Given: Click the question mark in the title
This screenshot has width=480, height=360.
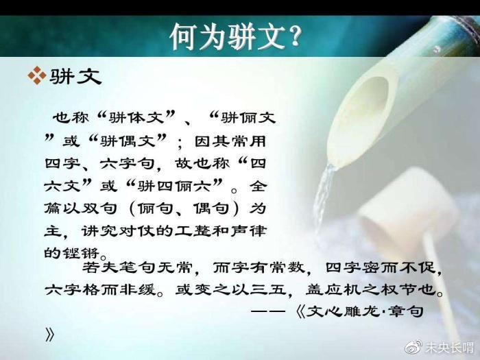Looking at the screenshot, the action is (293, 36).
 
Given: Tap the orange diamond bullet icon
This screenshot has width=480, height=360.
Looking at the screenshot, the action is (37, 75).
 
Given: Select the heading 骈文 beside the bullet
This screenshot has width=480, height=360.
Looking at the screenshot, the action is (75, 76).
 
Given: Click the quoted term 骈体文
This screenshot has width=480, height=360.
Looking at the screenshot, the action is (136, 118).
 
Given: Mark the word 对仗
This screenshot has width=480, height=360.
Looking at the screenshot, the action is (136, 231).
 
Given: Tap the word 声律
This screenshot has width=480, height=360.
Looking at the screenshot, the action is (248, 231).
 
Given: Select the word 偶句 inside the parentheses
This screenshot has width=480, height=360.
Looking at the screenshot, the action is (211, 208).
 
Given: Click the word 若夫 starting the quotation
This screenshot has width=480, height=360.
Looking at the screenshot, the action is (100, 268).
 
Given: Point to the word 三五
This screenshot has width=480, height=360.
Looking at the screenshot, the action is (268, 289).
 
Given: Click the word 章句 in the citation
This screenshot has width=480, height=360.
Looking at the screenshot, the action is (406, 311).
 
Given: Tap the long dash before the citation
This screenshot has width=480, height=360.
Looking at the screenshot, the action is (268, 311).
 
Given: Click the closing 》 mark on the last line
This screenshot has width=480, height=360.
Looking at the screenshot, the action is (49, 335).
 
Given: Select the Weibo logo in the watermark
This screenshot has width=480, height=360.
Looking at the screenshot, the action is (413, 348).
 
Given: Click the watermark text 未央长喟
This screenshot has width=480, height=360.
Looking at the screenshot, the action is (449, 348).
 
